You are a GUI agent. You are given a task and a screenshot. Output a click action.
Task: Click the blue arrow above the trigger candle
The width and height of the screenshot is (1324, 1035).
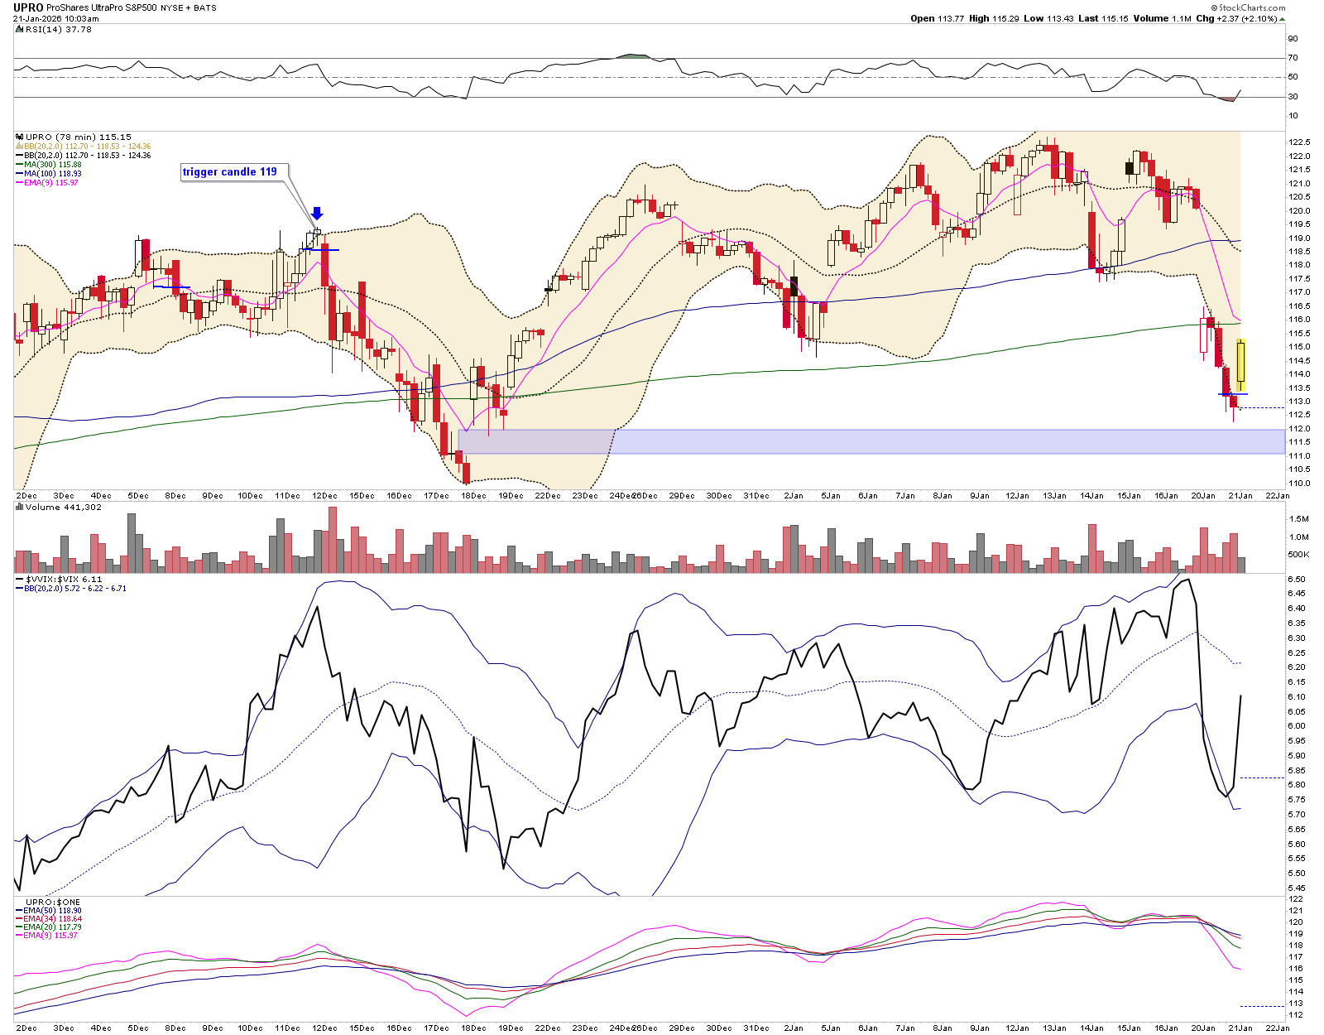point(317,214)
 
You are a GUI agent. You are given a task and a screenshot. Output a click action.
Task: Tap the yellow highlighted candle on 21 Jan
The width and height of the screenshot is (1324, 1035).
point(1241,365)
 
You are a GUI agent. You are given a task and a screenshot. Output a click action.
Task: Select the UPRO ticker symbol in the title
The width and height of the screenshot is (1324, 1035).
point(28,7)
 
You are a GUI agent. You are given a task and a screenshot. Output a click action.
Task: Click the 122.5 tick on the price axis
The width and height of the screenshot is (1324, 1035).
point(1299,142)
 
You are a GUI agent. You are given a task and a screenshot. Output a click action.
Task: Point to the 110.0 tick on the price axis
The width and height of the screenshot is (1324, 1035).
point(1299,483)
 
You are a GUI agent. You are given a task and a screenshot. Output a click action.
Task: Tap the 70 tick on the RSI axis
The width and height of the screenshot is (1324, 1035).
point(1293,58)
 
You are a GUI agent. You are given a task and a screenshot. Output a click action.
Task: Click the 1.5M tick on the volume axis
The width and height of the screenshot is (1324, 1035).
point(1298,519)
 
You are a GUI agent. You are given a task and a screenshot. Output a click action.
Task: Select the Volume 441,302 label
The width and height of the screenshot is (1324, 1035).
point(64,507)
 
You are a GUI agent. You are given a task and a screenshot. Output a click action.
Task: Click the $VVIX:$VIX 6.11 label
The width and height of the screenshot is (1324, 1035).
point(64,580)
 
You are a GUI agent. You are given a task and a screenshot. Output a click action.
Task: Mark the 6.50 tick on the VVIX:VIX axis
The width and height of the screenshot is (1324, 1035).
point(1297,580)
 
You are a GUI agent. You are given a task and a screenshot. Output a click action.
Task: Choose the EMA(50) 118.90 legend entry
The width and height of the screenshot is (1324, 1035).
point(53,911)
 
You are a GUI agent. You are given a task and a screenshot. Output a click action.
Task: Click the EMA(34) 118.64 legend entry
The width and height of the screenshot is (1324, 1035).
point(53,919)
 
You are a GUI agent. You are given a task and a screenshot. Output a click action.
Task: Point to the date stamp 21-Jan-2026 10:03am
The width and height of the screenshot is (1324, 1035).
point(55,18)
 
